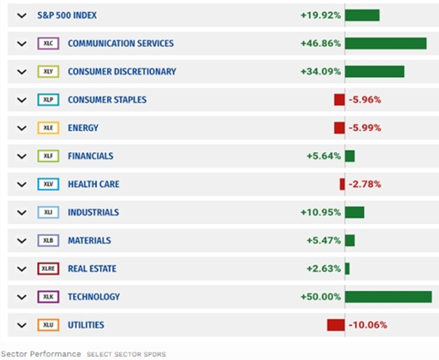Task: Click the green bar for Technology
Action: click(388, 297)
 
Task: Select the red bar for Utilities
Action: click(336, 325)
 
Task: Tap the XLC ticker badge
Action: click(48, 43)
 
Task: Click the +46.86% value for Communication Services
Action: click(320, 43)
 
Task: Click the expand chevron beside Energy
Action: click(21, 128)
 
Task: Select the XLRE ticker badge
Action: click(48, 269)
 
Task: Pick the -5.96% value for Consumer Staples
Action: click(365, 100)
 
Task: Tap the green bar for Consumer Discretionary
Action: click(374, 71)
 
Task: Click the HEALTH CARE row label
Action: click(93, 184)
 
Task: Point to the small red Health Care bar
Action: click(342, 184)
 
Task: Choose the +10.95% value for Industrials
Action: click(320, 212)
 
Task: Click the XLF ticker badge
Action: click(48, 156)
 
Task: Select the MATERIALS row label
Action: click(89, 240)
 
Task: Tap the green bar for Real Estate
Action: click(347, 269)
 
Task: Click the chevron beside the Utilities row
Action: click(21, 325)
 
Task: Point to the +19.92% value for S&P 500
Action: click(320, 15)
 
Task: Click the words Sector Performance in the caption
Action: click(41, 354)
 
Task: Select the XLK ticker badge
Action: click(48, 297)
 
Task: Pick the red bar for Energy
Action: click(339, 128)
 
